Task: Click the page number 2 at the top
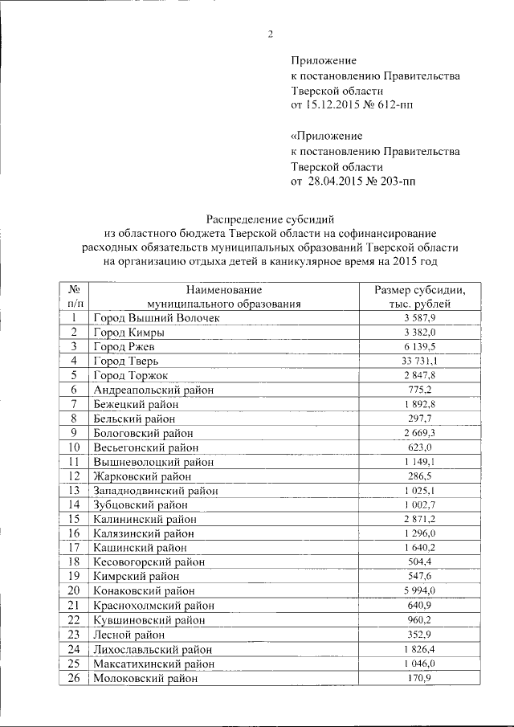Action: coord(271,34)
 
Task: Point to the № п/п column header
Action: coord(73,296)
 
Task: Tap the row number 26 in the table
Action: coord(73,678)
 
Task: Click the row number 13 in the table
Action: coord(73,490)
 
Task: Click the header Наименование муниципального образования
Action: coord(223,296)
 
